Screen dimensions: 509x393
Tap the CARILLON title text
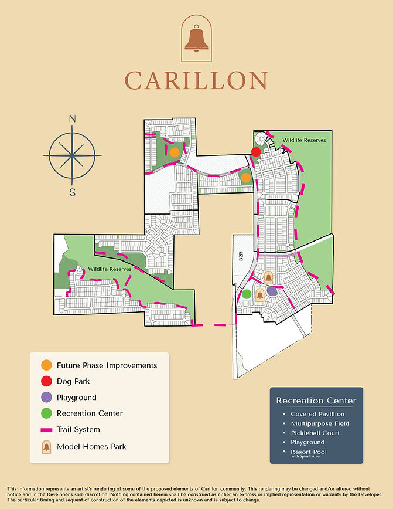(196, 80)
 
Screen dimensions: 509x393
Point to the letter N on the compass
(73, 119)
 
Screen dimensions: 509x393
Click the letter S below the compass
(73, 192)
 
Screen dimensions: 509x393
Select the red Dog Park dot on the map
(256, 152)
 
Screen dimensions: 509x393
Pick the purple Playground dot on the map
(271, 290)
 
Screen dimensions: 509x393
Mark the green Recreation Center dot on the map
(247, 294)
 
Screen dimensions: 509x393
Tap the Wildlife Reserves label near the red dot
(304, 141)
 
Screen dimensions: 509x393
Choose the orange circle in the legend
(46, 365)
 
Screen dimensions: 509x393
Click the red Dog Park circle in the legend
(46, 381)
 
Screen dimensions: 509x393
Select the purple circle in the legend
(46, 398)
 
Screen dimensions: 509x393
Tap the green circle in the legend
(46, 413)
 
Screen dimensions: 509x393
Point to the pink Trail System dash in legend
(46, 430)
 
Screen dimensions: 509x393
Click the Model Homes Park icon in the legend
(46, 447)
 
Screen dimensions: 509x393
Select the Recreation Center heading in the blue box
(316, 401)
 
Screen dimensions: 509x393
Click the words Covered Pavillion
(317, 414)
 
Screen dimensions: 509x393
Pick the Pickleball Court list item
(316, 433)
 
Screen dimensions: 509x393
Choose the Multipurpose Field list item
(320, 423)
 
